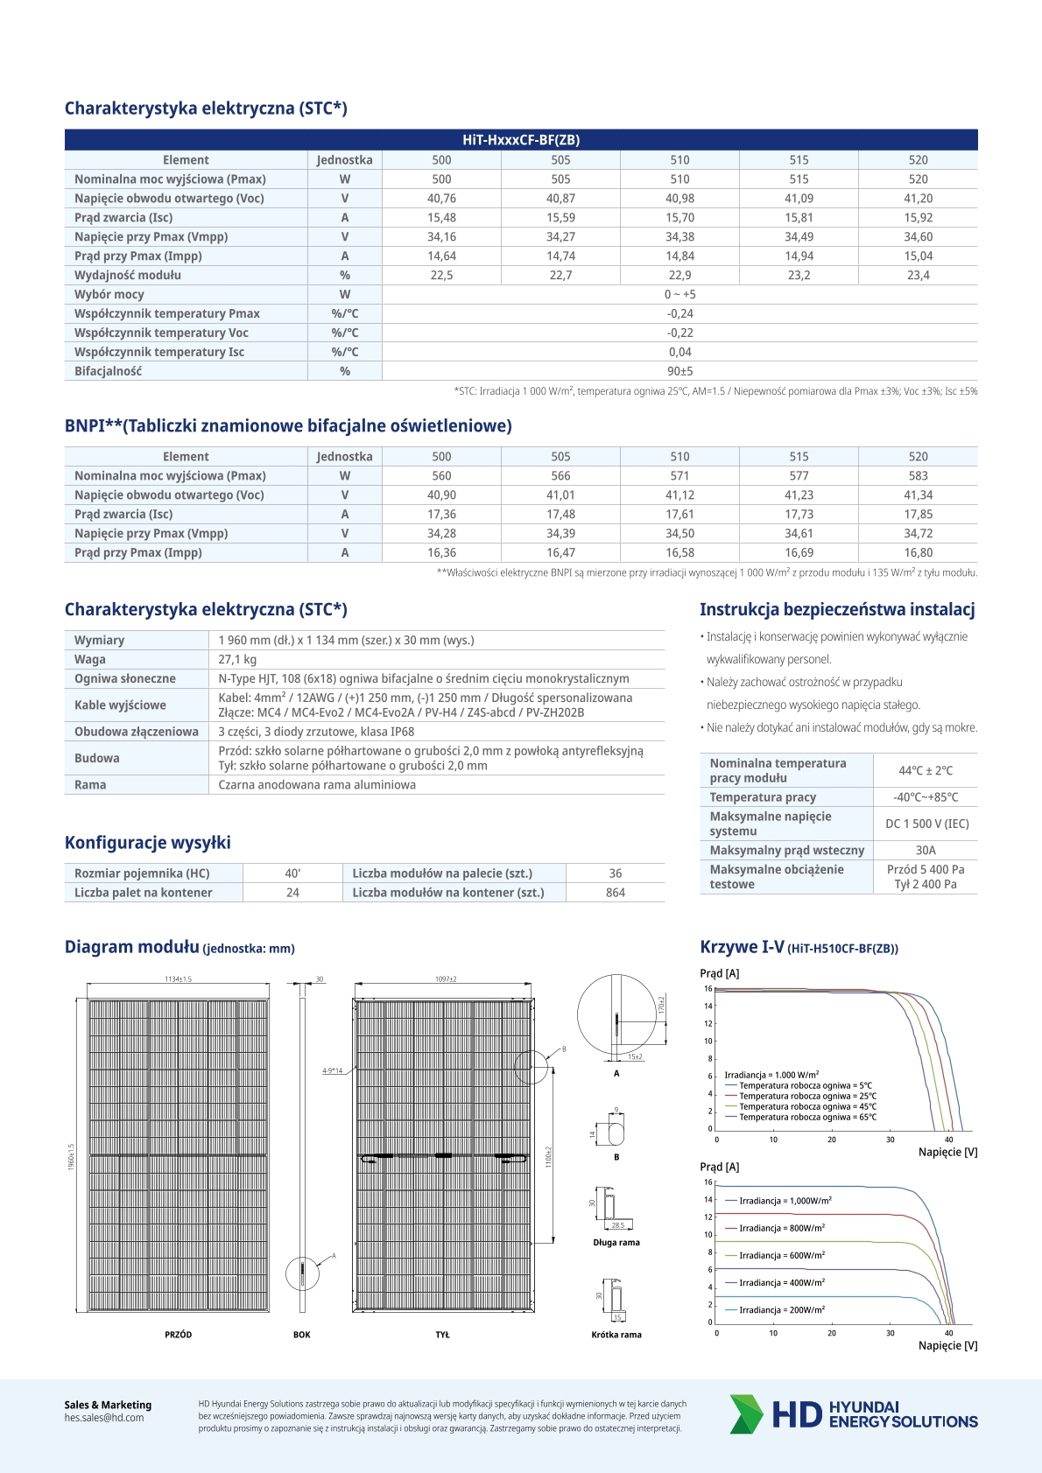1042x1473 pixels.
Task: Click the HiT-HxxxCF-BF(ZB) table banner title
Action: [520, 140]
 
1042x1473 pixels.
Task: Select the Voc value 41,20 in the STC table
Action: [918, 199]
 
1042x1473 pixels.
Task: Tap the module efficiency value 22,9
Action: [679, 276]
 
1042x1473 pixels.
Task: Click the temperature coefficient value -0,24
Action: [679, 314]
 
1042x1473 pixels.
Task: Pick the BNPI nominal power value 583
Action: [918, 476]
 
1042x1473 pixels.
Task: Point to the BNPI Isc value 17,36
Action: [441, 515]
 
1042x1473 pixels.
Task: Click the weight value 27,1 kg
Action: [237, 660]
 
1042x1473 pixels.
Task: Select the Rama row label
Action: [90, 785]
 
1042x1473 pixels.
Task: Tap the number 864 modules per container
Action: [616, 893]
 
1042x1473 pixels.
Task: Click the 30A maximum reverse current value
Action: [926, 851]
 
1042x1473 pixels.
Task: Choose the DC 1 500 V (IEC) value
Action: [926, 824]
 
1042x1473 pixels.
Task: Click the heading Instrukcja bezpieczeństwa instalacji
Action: [837, 610]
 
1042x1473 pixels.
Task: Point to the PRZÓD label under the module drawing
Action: [178, 1335]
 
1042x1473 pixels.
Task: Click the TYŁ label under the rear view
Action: [442, 1335]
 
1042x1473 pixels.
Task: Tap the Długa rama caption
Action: [616, 1243]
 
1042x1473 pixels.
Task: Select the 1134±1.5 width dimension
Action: [178, 979]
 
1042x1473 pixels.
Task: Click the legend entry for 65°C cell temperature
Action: [806, 1118]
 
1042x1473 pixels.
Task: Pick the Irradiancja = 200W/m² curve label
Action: [781, 1310]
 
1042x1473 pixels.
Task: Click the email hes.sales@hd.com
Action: [104, 1418]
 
